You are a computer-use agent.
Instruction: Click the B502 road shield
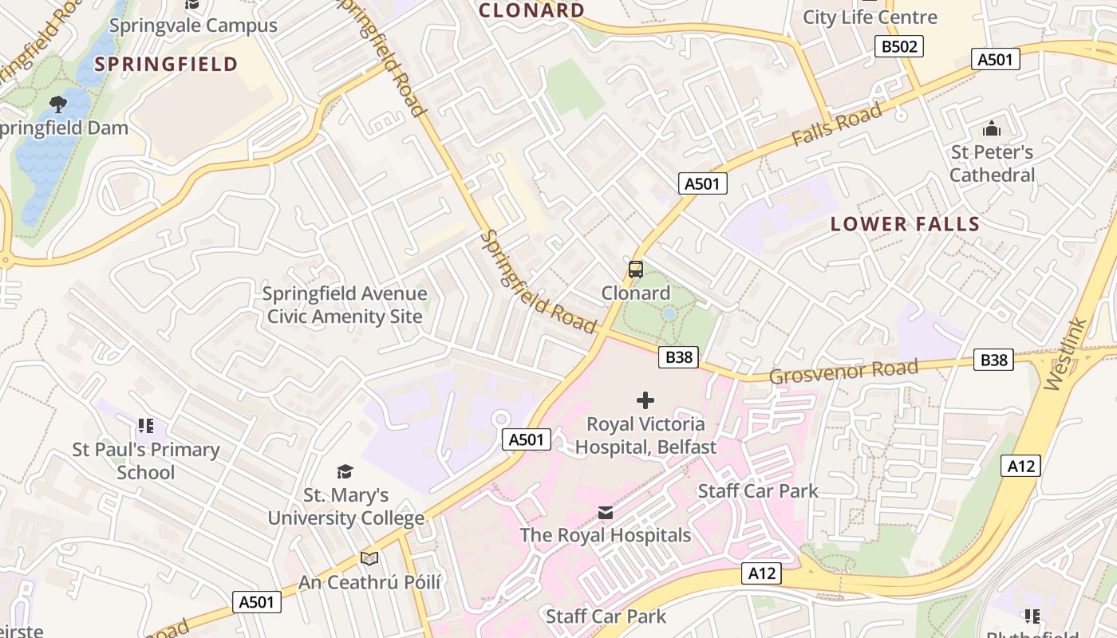click(x=899, y=46)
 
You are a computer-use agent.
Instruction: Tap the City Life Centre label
click(x=870, y=17)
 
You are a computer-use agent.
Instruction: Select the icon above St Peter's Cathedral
click(x=992, y=128)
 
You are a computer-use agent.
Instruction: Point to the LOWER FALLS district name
click(x=905, y=224)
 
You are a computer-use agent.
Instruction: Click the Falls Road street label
click(x=837, y=125)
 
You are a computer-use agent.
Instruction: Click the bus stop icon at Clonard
click(x=636, y=270)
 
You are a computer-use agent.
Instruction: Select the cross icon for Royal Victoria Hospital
click(x=645, y=400)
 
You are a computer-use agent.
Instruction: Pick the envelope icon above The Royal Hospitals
click(x=606, y=512)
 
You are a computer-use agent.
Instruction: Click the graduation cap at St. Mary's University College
click(x=345, y=472)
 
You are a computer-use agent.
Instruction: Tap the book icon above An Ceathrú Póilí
click(x=369, y=558)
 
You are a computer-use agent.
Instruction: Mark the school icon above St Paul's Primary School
click(x=145, y=426)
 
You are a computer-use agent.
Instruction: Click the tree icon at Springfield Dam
click(x=57, y=104)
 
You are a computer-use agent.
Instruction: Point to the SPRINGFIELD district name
click(x=166, y=65)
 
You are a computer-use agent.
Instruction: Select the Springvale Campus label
click(x=193, y=26)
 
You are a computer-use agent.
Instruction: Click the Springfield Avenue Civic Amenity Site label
click(x=345, y=305)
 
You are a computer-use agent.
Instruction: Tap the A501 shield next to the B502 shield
click(x=995, y=59)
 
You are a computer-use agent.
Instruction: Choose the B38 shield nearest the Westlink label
click(x=993, y=360)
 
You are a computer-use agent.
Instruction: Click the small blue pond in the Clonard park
click(x=669, y=314)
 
